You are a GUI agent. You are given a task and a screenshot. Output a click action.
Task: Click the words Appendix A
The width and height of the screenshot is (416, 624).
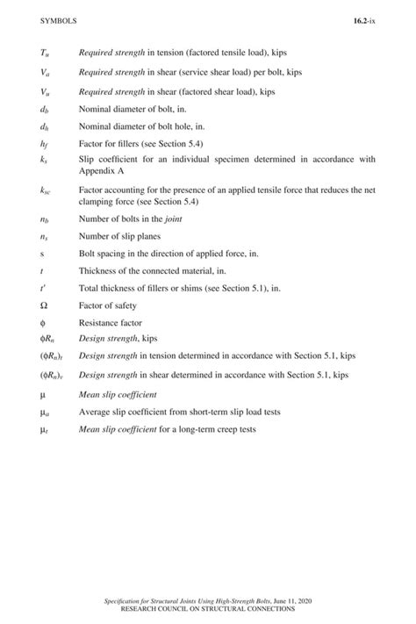click(x=101, y=172)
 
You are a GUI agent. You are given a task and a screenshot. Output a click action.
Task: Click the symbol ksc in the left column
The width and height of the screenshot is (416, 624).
click(x=46, y=189)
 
